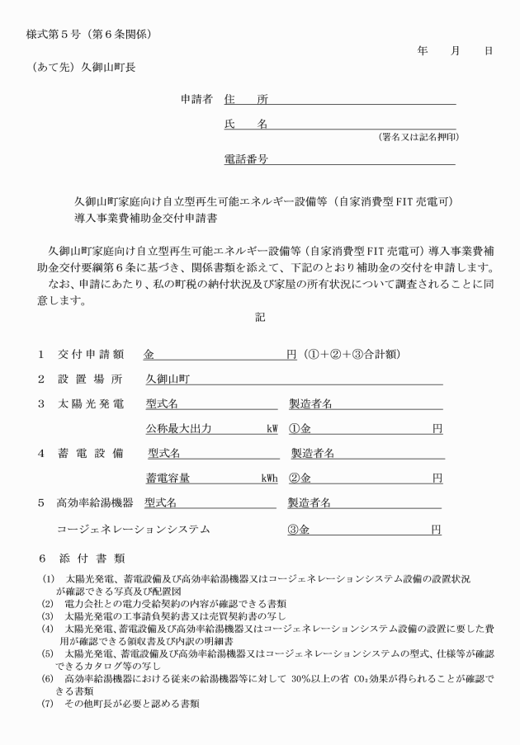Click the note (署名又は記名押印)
pos(418,136)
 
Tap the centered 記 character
pos(260,318)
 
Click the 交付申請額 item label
pos(91,355)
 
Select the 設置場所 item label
pos(91,380)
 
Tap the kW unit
pos(271,429)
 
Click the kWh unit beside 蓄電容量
pos(269,478)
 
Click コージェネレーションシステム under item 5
pos(133,529)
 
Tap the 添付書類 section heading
pos(91,559)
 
